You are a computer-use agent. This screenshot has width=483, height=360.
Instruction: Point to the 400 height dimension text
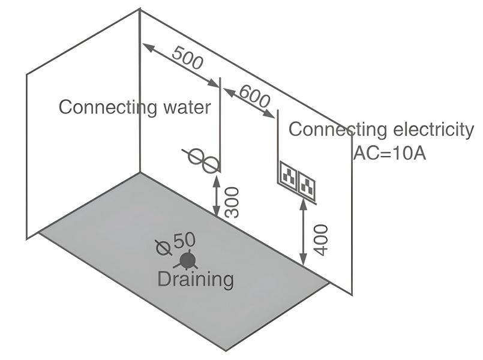point(320,239)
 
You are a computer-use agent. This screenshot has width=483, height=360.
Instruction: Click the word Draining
point(196,279)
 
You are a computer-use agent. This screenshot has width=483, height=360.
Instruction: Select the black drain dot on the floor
point(188,260)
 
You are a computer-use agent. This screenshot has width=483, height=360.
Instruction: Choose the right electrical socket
point(308,182)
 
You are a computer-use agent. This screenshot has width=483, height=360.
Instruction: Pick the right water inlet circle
point(209,163)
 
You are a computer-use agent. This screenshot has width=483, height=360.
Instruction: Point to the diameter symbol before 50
point(162,245)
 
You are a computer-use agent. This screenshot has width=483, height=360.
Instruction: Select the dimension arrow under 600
point(250,103)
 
